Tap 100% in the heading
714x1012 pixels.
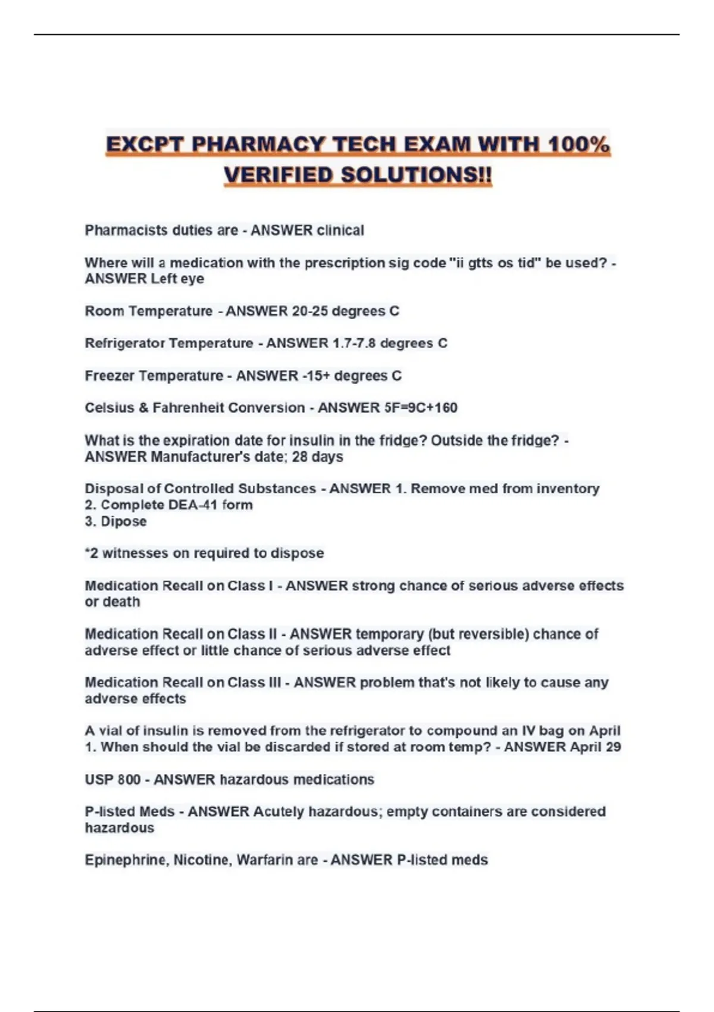(x=578, y=145)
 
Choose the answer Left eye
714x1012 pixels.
(x=177, y=279)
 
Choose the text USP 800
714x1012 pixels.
(x=112, y=779)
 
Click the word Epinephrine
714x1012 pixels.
(x=126, y=860)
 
